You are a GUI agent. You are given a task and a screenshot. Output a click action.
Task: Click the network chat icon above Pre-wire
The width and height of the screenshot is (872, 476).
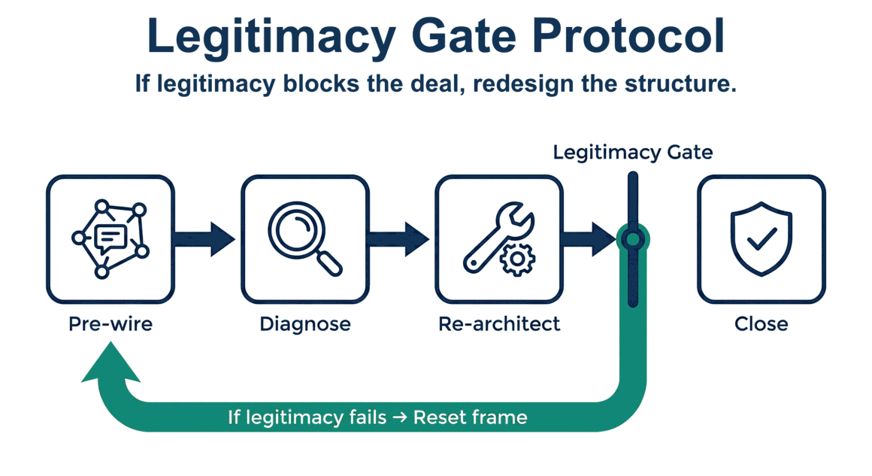tap(111, 238)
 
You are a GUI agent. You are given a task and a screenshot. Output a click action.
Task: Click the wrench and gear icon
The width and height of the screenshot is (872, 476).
tap(499, 238)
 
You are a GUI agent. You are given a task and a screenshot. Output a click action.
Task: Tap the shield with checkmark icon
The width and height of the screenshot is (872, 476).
tap(761, 238)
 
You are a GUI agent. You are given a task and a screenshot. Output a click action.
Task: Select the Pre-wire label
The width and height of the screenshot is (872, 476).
tap(111, 324)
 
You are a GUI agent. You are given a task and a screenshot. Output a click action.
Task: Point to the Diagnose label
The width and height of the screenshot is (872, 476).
tap(305, 324)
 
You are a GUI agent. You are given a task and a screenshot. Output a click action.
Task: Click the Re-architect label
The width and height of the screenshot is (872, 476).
tap(499, 324)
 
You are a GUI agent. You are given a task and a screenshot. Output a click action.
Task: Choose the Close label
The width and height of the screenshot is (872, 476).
tap(761, 324)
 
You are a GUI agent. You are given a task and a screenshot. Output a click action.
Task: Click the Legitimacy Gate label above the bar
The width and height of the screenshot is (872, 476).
tap(633, 153)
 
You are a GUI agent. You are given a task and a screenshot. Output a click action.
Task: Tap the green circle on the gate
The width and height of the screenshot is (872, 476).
tap(633, 240)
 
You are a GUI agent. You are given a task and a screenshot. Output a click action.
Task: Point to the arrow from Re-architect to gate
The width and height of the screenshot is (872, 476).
tap(591, 238)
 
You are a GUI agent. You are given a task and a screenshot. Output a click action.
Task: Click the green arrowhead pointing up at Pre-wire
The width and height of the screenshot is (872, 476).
tap(111, 362)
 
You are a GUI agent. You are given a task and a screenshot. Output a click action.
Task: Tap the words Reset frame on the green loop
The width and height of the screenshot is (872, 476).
tap(471, 417)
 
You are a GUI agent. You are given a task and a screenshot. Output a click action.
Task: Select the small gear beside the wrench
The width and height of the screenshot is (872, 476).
tap(517, 259)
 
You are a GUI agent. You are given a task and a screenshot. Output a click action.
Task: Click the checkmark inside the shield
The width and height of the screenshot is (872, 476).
tap(761, 239)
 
